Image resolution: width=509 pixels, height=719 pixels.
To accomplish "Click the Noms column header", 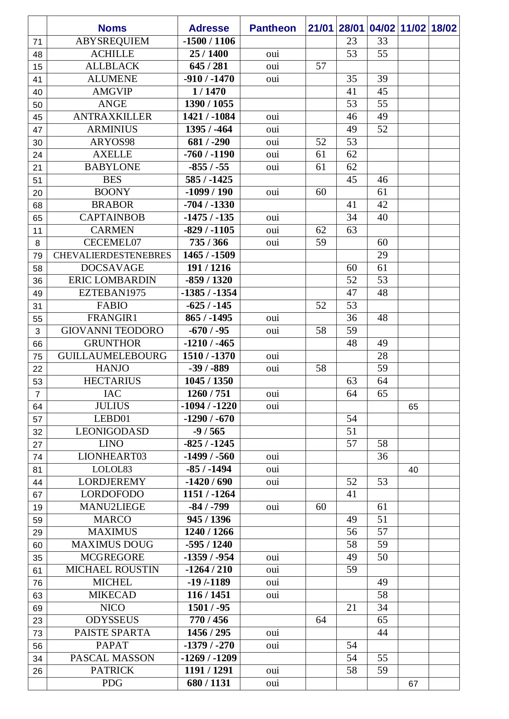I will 112,28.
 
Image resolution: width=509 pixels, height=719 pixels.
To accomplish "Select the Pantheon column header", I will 272,28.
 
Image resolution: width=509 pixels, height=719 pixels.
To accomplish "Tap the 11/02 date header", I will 413,28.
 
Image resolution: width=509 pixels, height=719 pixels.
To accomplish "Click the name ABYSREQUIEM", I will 112,41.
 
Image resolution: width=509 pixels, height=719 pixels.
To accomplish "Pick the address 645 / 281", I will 209,66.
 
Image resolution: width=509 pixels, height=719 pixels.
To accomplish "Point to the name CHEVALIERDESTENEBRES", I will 112,255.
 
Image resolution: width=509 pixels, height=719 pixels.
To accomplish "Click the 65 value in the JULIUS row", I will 413,407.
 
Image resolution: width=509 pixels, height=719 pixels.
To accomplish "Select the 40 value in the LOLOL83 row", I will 413,470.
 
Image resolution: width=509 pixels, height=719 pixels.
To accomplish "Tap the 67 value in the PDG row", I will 413,684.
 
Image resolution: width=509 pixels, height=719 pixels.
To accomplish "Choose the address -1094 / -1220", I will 209,406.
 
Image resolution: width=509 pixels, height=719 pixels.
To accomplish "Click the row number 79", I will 37,256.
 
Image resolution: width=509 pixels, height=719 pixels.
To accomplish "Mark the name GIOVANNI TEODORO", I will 112,331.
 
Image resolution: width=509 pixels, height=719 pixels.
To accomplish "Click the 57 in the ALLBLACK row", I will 321,66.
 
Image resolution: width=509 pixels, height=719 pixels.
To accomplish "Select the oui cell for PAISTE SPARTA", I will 272,633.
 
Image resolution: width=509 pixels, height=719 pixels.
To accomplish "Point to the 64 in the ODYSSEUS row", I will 321,620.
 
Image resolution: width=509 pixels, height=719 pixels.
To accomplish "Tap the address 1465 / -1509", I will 209,255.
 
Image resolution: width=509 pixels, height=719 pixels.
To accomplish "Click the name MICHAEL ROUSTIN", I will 112,570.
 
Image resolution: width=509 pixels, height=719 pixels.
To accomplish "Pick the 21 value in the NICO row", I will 352,608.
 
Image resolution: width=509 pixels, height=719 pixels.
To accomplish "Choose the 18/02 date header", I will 444,28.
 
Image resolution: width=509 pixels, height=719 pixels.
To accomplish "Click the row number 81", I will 37,470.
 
